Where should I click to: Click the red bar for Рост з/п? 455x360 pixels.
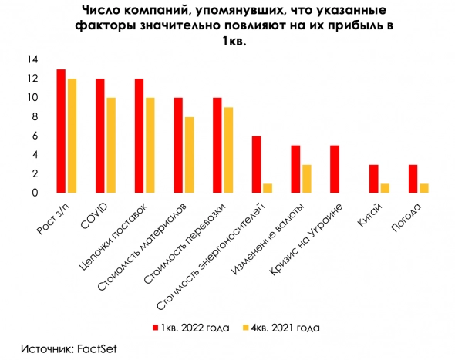click(61, 131)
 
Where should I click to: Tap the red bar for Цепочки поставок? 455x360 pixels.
click(139, 136)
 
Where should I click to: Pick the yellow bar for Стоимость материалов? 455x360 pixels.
click(189, 155)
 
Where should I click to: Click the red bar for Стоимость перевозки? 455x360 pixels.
click(217, 146)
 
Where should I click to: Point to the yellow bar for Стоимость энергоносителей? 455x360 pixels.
click(267, 188)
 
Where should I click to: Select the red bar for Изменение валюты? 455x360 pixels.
click(295, 169)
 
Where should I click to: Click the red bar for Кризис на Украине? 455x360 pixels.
click(334, 169)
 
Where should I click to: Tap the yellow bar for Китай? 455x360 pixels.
click(384, 188)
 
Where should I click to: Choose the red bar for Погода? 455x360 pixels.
click(413, 179)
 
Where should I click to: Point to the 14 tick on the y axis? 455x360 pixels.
click(33, 59)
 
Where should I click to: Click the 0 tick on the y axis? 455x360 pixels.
click(35, 193)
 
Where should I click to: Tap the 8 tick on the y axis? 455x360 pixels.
click(35, 116)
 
